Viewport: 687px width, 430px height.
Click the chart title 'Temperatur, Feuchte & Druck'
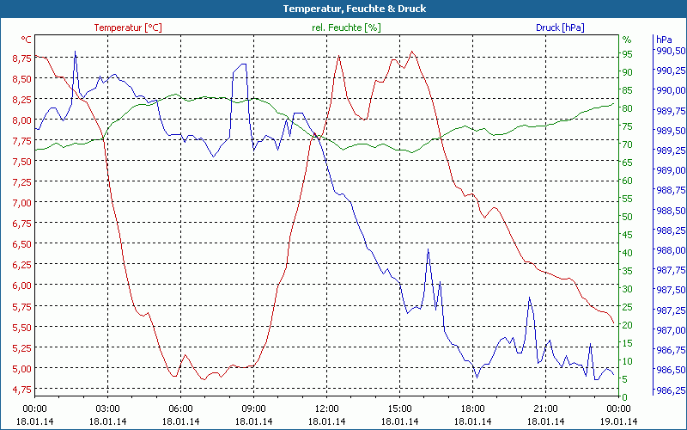(x=343, y=9)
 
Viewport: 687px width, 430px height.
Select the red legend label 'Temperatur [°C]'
(x=128, y=28)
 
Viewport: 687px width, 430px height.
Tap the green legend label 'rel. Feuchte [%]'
(x=346, y=28)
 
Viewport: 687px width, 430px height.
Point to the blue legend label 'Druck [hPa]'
(x=560, y=28)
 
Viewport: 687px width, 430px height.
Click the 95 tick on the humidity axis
(x=627, y=54)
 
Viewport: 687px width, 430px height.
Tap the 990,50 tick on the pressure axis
(x=671, y=51)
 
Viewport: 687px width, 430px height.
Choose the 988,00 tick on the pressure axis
(x=671, y=250)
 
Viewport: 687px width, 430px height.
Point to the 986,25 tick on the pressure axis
(x=671, y=390)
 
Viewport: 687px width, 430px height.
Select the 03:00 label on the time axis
(x=108, y=408)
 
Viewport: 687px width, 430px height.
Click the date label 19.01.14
(x=619, y=421)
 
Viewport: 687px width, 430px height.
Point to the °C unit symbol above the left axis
(x=27, y=40)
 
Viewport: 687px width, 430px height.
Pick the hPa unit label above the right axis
(x=663, y=40)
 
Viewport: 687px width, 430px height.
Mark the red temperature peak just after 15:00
(x=413, y=52)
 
